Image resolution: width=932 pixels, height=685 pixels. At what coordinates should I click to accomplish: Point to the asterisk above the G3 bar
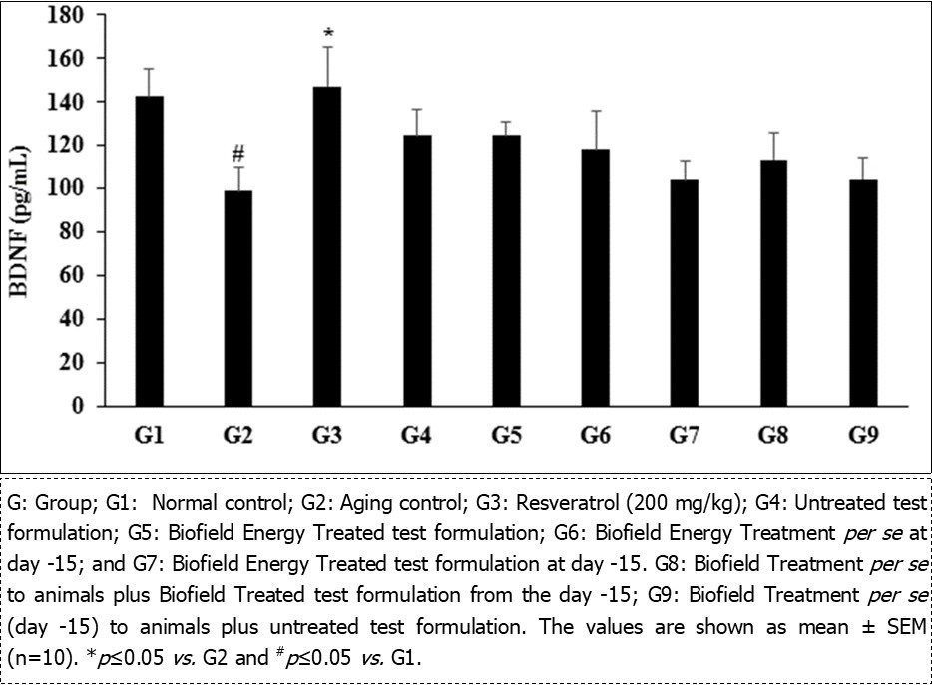coord(327,34)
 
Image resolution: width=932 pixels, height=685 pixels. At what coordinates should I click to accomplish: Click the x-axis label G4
coord(416,436)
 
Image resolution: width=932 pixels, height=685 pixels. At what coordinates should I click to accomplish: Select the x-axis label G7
coord(686,436)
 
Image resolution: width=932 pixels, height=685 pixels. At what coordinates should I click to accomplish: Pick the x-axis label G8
coord(774,436)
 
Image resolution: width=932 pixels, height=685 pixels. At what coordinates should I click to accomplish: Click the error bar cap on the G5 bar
coord(506,122)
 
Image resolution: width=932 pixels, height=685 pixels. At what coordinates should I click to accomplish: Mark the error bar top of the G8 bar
coord(774,133)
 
